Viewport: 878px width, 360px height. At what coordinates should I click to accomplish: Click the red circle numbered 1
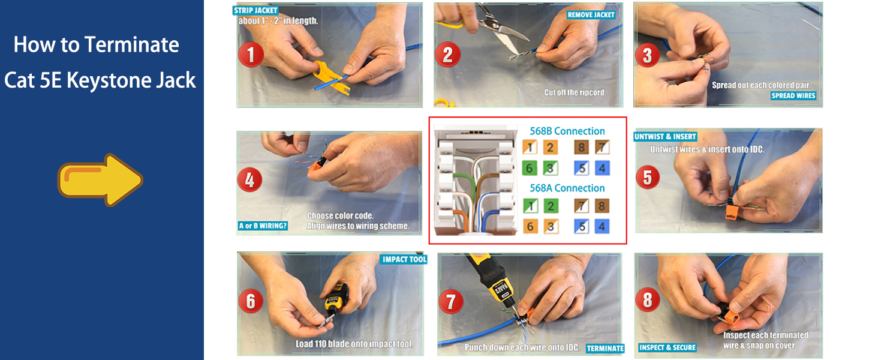pyautogui.click(x=251, y=55)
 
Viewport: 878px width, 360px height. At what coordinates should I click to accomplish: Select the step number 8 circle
pyautogui.click(x=647, y=299)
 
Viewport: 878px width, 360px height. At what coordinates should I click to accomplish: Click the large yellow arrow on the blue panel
pyautogui.click(x=100, y=179)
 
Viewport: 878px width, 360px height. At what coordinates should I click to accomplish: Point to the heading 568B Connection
pyautogui.click(x=567, y=131)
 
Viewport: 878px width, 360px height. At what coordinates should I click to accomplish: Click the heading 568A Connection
pyautogui.click(x=567, y=188)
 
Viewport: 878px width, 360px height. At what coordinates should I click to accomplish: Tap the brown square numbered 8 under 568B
pyautogui.click(x=581, y=148)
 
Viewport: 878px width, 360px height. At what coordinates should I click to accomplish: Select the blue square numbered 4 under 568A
pyautogui.click(x=602, y=226)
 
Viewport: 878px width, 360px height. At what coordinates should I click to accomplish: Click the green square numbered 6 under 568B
pyautogui.click(x=529, y=168)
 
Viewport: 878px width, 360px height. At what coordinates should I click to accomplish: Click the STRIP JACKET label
pyautogui.click(x=257, y=10)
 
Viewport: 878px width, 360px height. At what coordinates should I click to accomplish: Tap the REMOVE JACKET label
pyautogui.click(x=592, y=14)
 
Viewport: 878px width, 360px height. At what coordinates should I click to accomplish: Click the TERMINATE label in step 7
pyautogui.click(x=605, y=348)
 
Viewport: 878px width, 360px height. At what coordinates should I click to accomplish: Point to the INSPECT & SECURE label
pyautogui.click(x=667, y=347)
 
